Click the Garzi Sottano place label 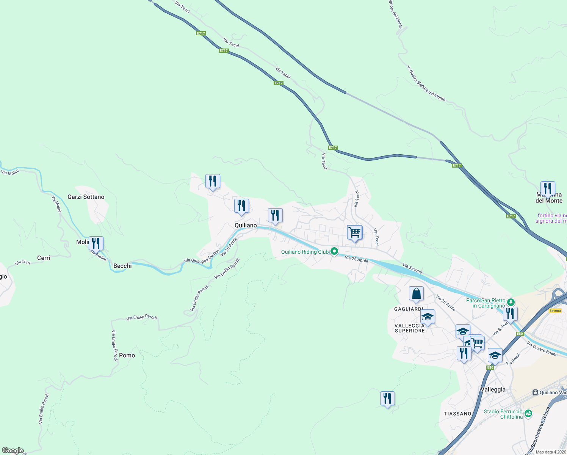point(86,197)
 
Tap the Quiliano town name point(246,225)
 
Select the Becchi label point(122,266)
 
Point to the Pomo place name point(127,355)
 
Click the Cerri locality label point(44,258)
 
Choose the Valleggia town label point(493,389)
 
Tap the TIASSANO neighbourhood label point(457,414)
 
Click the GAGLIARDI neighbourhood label point(408,309)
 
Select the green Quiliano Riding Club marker point(334,251)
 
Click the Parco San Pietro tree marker point(511,302)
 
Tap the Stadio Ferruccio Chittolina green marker point(528,413)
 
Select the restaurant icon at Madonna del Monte point(548,188)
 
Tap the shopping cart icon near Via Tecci point(354,232)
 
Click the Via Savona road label point(412,268)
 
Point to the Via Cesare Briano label point(542,349)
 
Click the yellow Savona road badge point(555,311)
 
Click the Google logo point(13,450)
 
